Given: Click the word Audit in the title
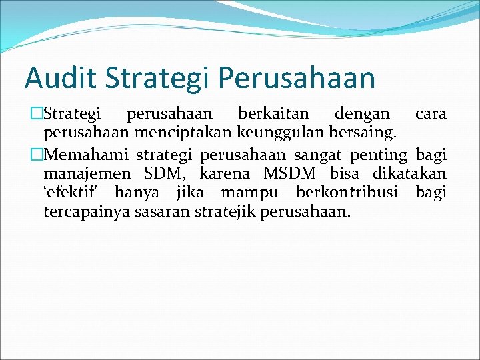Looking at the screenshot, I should pos(54,77).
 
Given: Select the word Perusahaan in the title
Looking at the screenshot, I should pos(296,77).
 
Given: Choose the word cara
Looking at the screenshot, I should pos(430,114).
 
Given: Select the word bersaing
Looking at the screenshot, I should pos(363,133).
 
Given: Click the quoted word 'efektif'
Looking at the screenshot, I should pos(73,193).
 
